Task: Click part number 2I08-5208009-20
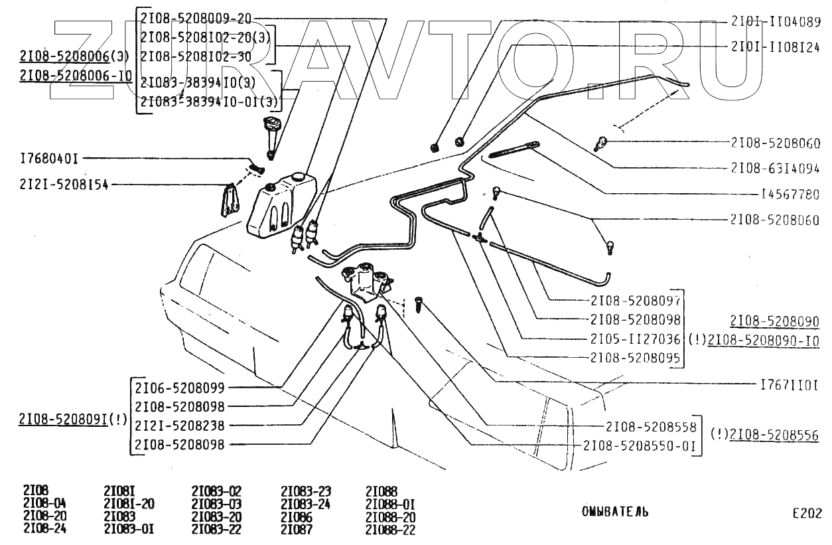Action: click(196, 18)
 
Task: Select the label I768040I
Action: click(49, 159)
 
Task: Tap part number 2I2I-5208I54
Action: click(64, 185)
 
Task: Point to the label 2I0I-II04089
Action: click(776, 22)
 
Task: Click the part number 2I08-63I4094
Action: click(775, 169)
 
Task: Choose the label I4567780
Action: click(790, 194)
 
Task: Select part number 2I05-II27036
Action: click(635, 339)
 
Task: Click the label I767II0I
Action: click(790, 385)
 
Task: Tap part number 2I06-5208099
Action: click(180, 388)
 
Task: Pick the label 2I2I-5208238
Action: click(180, 426)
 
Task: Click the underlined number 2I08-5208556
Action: click(774, 435)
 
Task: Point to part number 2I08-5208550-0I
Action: click(639, 445)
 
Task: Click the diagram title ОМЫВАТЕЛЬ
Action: click(615, 512)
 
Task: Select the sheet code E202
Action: click(807, 513)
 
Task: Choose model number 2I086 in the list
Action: click(297, 516)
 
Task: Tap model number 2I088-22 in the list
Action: click(390, 529)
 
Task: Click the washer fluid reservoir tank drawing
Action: click(281, 204)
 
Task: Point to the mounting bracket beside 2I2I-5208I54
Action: click(230, 200)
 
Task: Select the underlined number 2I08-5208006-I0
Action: click(76, 76)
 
